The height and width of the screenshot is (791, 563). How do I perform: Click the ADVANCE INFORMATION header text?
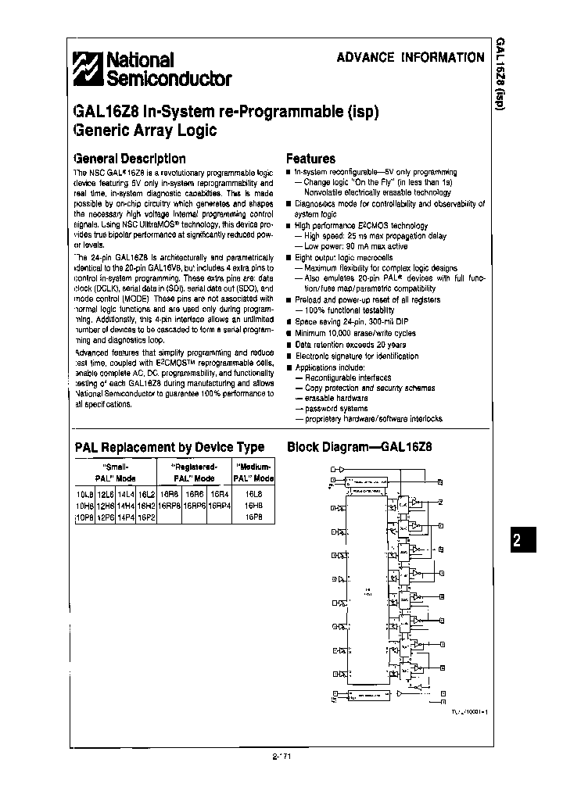[x=410, y=57]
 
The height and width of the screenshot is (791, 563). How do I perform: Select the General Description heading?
[x=130, y=159]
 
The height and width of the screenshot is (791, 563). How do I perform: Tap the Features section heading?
[x=310, y=159]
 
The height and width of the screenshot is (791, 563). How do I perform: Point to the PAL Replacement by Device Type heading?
[x=169, y=447]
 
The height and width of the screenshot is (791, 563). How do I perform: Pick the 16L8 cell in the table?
[x=253, y=495]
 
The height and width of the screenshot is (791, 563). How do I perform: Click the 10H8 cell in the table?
[x=84, y=506]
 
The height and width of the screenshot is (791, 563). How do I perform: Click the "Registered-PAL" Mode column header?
[x=193, y=471]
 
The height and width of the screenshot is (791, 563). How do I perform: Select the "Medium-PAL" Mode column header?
[x=253, y=471]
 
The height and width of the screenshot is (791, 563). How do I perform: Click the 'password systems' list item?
[x=335, y=408]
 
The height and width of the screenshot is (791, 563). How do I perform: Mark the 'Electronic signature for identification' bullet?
[x=357, y=356]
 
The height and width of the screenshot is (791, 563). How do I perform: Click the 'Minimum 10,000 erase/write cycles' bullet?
[x=355, y=333]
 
